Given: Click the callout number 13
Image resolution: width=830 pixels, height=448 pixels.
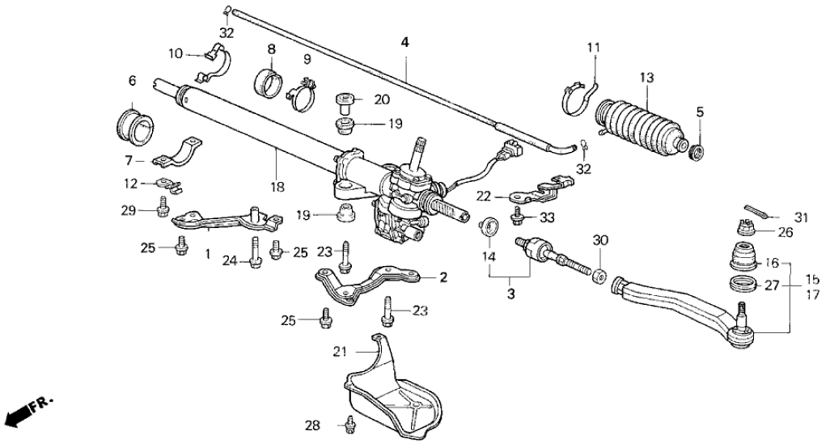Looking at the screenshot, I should (646, 78).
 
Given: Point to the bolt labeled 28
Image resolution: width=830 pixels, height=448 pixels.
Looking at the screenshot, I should (349, 423).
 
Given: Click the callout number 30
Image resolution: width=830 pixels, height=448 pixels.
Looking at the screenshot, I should (599, 240).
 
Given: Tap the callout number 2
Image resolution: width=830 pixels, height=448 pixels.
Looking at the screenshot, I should (443, 277).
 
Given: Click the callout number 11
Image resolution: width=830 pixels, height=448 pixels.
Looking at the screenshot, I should (595, 49).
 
